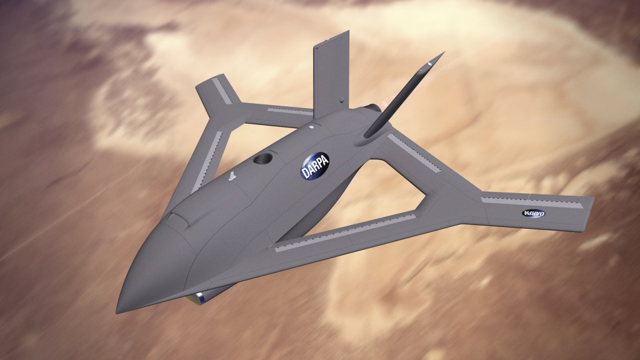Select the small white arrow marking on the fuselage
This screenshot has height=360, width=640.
232,177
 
